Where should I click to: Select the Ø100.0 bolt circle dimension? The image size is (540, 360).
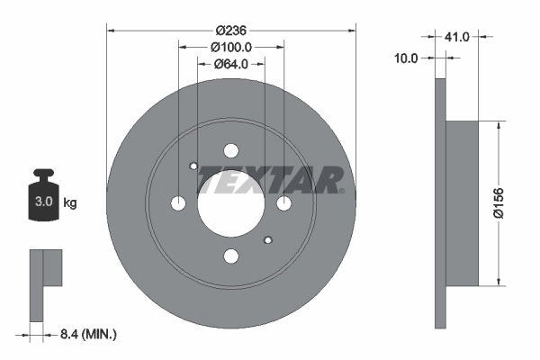(x=231, y=46)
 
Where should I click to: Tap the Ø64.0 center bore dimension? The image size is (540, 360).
(x=231, y=64)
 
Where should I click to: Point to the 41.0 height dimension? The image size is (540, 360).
(x=458, y=37)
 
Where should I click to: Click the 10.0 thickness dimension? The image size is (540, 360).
(x=407, y=58)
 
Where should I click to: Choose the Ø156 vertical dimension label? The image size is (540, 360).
(x=509, y=203)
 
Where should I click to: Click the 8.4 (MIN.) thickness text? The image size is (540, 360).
(x=86, y=334)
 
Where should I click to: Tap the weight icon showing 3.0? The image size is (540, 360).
(x=42, y=201)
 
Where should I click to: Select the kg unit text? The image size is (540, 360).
(x=70, y=203)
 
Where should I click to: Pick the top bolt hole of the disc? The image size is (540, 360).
(x=231, y=150)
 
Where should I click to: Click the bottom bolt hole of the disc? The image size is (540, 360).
(x=231, y=256)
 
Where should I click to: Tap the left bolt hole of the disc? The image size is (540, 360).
(x=178, y=203)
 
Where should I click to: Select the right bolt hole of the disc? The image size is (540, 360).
(x=284, y=203)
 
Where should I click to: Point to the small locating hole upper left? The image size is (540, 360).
(x=194, y=166)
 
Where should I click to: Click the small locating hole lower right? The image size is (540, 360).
(x=268, y=240)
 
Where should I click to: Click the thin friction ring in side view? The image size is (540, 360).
(x=440, y=203)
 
